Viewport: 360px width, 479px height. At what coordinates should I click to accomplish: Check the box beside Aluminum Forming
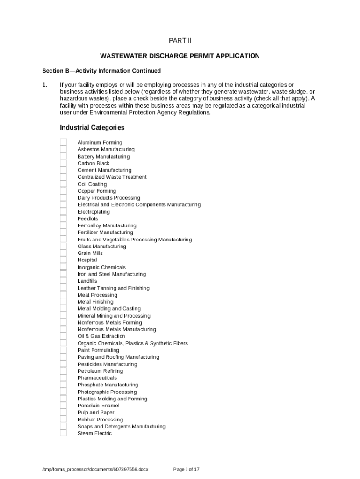pos(63,142)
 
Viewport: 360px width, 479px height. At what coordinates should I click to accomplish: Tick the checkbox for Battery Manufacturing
pos(63,156)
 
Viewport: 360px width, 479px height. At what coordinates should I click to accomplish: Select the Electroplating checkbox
pos(63,212)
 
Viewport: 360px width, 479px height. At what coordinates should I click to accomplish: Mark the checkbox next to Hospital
pos(63,260)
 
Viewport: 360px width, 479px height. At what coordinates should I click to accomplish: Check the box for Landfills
pos(63,281)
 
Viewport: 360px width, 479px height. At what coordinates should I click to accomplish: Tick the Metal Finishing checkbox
pos(63,302)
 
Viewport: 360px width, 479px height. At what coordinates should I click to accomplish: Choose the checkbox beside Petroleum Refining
pos(63,371)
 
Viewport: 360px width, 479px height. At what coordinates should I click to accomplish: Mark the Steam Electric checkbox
pos(63,433)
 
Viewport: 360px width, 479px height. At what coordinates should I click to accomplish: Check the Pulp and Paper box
pos(63,413)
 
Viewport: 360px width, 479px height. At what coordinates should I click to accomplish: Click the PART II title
pos(180,40)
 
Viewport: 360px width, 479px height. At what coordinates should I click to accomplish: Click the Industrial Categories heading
pos(92,127)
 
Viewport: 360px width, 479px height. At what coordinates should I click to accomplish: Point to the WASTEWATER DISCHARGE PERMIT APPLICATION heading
pos(180,56)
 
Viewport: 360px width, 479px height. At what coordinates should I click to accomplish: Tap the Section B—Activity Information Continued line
pos(101,71)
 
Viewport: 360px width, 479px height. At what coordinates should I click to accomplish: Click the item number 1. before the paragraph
pos(45,85)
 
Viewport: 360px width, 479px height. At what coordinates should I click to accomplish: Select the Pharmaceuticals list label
pos(97,378)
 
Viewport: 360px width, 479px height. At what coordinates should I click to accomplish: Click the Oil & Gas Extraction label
pos(101,336)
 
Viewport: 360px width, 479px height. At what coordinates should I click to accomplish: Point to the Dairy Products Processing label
pos(108,198)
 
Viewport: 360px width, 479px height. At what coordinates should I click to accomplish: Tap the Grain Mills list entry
pos(90,253)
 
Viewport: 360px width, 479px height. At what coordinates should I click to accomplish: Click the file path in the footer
pos(95,469)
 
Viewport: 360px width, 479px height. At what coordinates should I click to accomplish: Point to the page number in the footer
pos(186,469)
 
